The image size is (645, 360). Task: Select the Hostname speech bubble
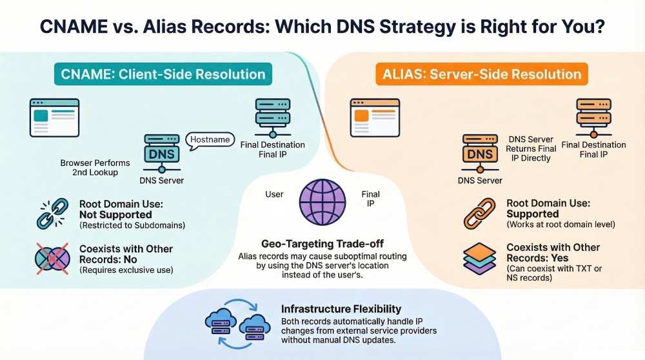pos(208,139)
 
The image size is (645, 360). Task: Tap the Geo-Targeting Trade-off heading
pos(322,244)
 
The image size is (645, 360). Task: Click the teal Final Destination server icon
pos(272,115)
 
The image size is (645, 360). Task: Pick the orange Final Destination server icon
pos(593,115)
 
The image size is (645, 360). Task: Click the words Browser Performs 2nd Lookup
pos(95,168)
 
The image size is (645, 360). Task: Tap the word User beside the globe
pos(274,194)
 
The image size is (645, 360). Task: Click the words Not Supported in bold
pos(115,214)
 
